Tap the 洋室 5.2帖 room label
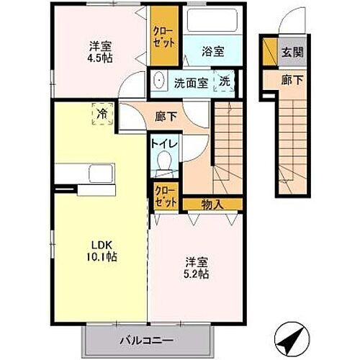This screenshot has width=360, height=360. coord(196,268)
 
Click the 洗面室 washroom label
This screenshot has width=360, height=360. coord(192,82)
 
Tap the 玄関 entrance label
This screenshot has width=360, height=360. coord(292,52)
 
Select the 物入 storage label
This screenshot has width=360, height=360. coord(212,204)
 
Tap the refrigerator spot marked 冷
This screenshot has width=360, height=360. coord(103,114)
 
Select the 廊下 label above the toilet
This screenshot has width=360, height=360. coord(166,115)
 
